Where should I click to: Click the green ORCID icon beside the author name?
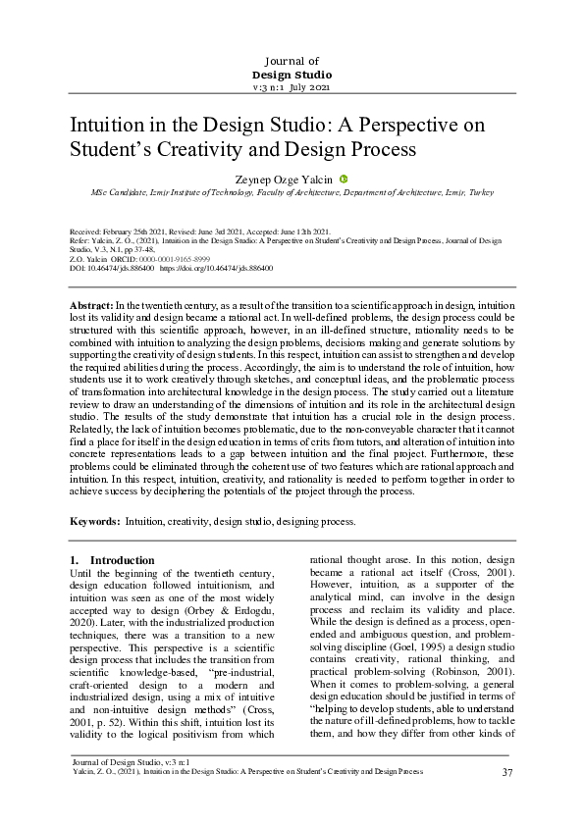pos(344,179)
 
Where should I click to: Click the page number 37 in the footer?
pos(507,772)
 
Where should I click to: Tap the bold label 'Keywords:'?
pos(95,521)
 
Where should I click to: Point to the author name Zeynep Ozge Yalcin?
pos(284,180)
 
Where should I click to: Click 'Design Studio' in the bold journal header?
pos(292,75)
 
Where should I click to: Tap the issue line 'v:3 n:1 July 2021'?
pos(292,88)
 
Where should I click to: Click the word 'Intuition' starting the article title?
pos(105,127)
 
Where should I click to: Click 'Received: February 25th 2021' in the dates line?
pos(122,232)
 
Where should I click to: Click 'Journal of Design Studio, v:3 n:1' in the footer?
pos(125,761)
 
